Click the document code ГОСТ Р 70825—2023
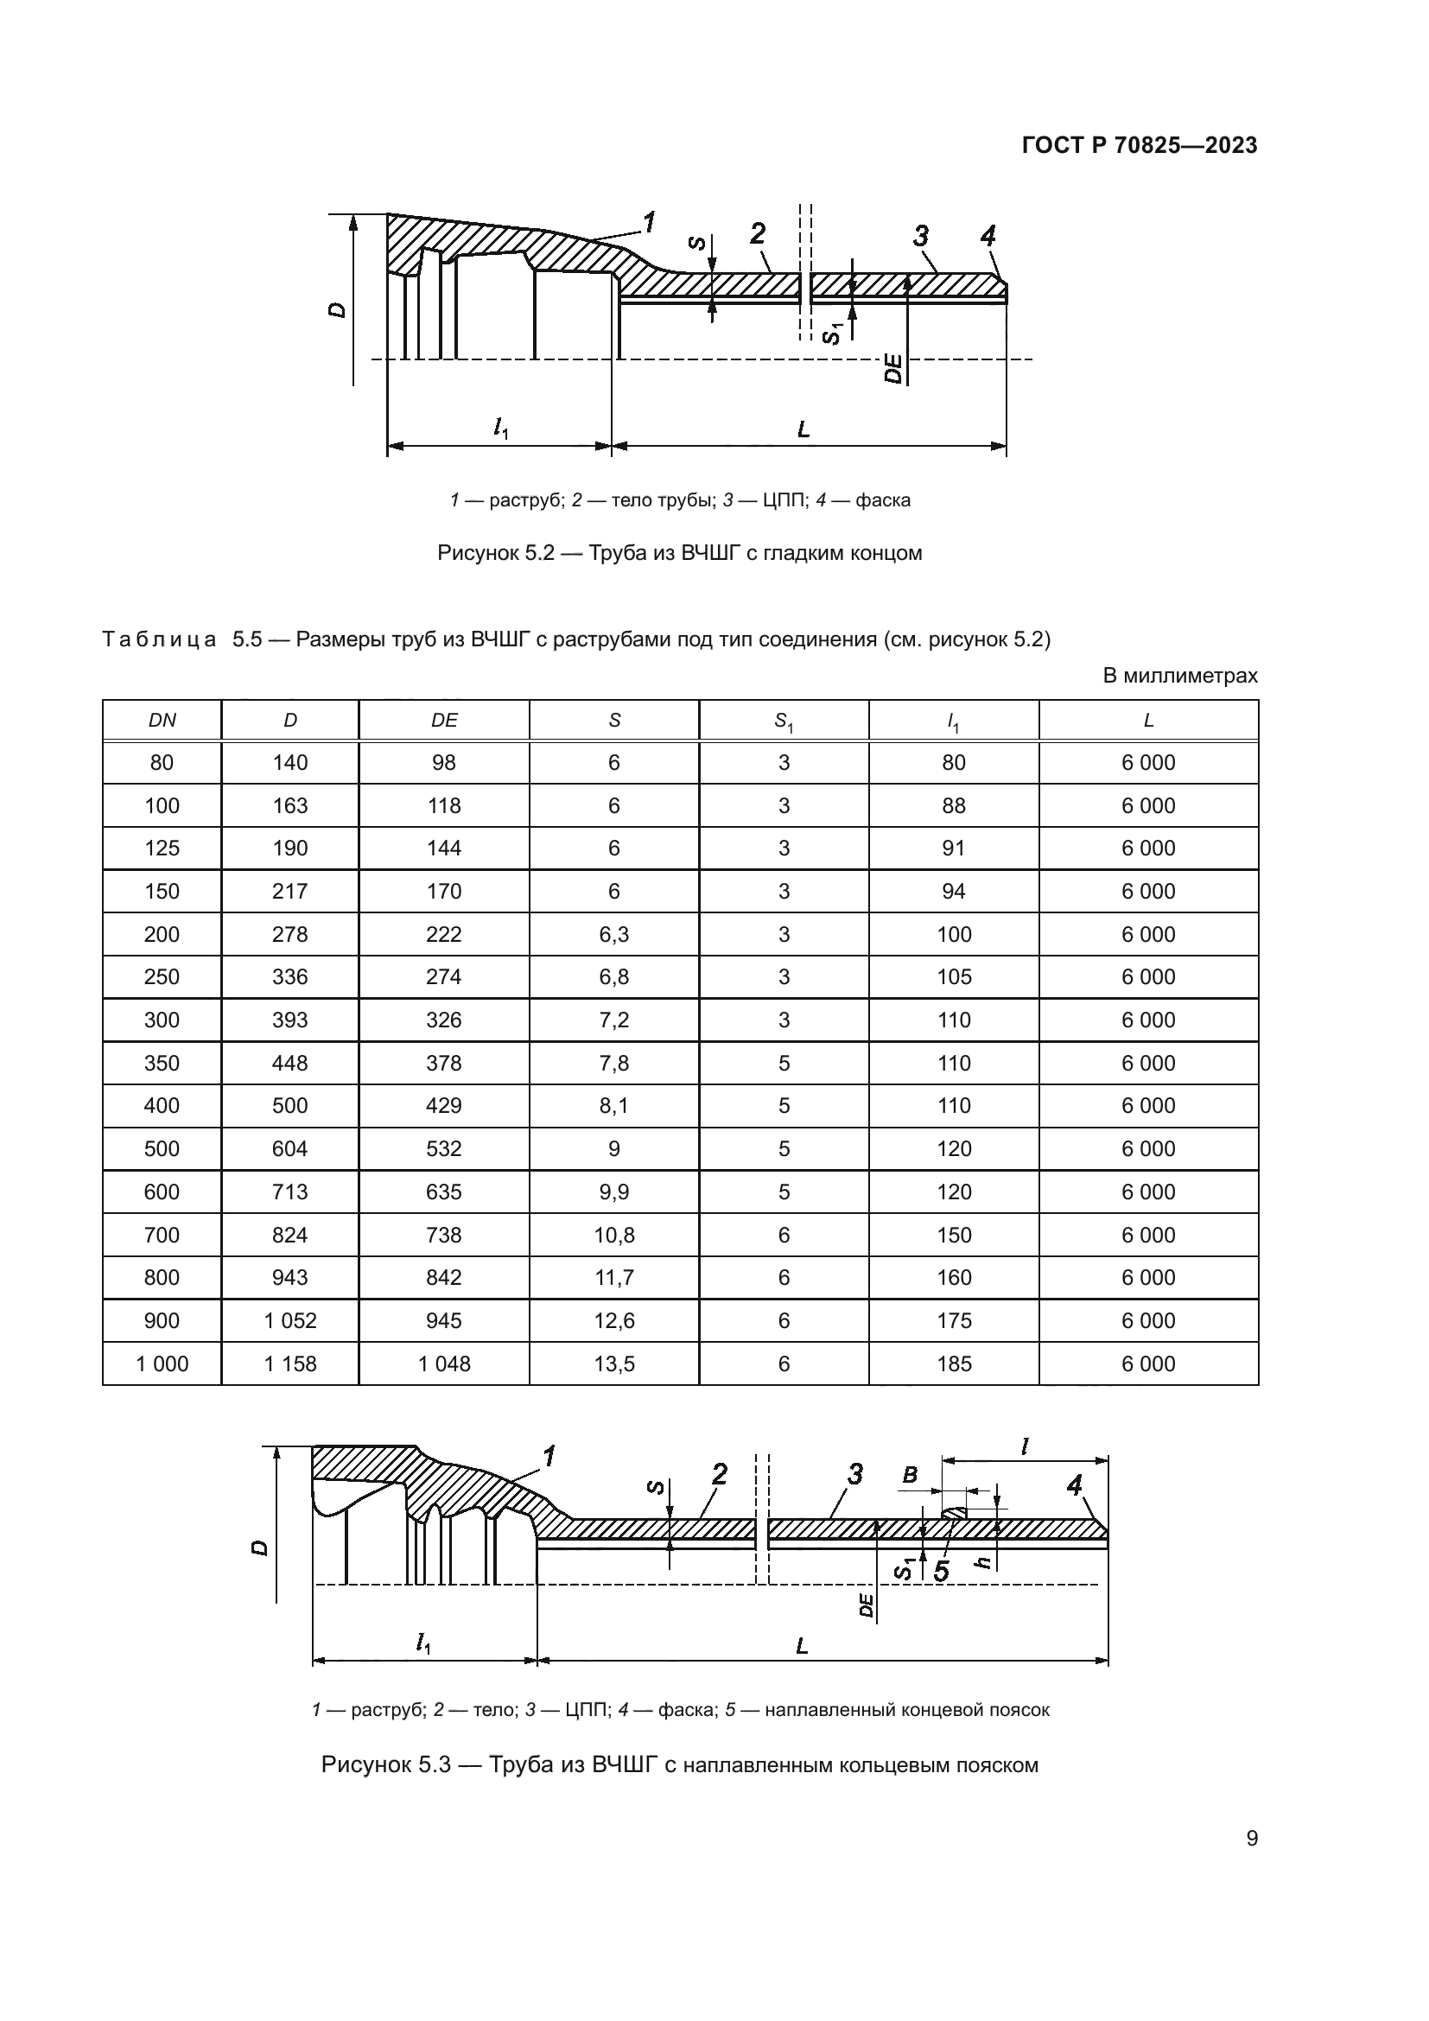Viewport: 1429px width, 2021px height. pos(1139,146)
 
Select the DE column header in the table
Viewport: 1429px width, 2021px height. pos(443,720)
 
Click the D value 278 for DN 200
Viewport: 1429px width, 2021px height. pos(289,934)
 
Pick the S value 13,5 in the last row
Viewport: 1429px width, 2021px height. pos(613,1363)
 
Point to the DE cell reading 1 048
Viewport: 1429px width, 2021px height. pos(443,1363)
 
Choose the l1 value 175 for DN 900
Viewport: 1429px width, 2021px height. pos(954,1320)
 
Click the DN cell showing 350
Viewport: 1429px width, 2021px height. pos(162,1063)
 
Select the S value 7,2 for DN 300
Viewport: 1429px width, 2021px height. pos(613,1020)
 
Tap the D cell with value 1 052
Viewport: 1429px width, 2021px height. pos(289,1320)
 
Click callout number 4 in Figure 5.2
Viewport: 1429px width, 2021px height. pos(988,236)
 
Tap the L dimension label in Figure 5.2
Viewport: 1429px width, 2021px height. pos(803,430)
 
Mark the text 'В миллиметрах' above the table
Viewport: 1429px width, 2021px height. pos(1179,675)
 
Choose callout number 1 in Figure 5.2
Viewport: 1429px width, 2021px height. pos(650,223)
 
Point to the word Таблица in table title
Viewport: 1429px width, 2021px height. pos(159,639)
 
